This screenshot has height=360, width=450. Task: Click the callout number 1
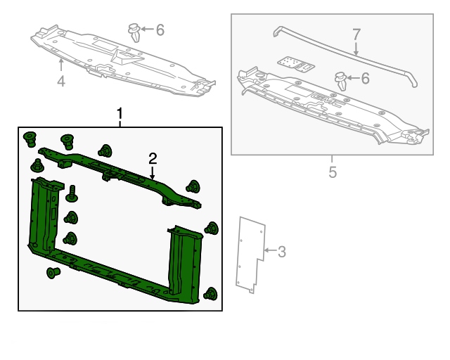(x=120, y=114)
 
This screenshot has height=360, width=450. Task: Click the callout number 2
(x=153, y=159)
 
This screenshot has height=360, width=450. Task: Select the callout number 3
(x=282, y=252)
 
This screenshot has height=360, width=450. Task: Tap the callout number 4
(x=61, y=81)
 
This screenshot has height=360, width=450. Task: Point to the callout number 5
(x=333, y=172)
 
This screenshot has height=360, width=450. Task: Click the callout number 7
(x=356, y=34)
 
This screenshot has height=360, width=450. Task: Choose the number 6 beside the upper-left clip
(x=160, y=30)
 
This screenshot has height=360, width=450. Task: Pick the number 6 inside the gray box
(x=365, y=78)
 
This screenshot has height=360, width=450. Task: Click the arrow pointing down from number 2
(x=152, y=173)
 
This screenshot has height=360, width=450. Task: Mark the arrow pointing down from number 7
(x=356, y=49)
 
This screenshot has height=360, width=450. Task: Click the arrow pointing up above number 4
(x=61, y=64)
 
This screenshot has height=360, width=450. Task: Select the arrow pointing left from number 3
(x=270, y=250)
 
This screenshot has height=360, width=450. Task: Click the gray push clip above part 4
(x=134, y=32)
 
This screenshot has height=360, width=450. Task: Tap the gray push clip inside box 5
(x=341, y=81)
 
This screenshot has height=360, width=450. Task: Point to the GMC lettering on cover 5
(x=326, y=101)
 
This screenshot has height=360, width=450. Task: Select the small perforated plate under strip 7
(x=295, y=64)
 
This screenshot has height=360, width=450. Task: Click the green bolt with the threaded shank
(x=72, y=193)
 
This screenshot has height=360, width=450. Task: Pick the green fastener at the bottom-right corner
(x=210, y=294)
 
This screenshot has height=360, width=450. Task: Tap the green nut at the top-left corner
(x=30, y=139)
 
